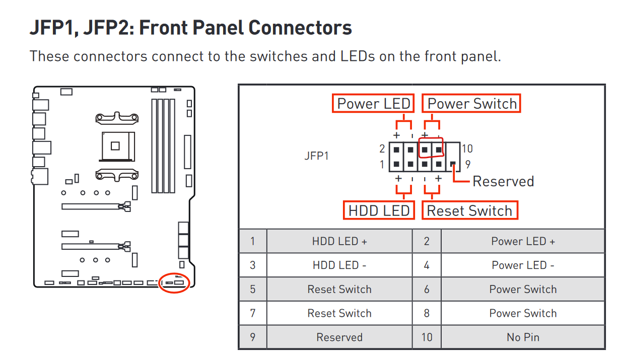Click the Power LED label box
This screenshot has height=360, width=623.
click(373, 104)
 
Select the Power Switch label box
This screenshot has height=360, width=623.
click(471, 104)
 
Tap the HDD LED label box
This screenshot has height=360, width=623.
click(379, 210)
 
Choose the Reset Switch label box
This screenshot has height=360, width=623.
click(469, 210)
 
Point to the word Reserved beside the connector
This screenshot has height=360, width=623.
click(503, 181)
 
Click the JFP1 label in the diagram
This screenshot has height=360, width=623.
click(316, 156)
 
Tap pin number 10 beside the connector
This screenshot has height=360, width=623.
click(467, 149)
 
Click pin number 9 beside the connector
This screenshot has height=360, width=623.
click(468, 164)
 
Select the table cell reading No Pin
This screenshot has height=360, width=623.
click(523, 337)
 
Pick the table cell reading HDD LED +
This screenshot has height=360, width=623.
click(339, 241)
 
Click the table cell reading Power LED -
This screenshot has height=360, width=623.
click(523, 265)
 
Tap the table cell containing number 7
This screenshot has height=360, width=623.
click(253, 313)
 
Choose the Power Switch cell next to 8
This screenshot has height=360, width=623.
click(523, 313)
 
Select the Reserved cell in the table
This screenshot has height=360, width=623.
click(339, 337)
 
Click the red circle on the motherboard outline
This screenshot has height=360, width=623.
click(174, 283)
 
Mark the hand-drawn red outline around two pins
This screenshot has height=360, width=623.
click(432, 149)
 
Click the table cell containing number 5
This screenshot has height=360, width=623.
click(253, 290)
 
